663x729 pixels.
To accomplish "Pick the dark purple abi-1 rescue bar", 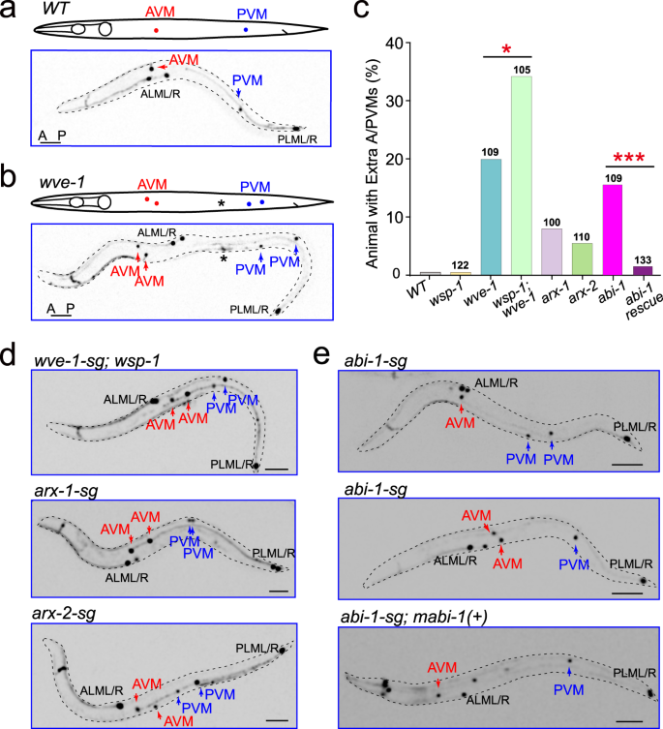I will coord(643,270).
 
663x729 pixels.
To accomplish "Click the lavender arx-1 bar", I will coord(551,252).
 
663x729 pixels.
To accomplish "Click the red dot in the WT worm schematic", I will coord(158,30).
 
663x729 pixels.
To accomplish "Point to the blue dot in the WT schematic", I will coord(246,30).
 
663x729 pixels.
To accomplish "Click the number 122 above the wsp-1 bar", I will coord(460,264).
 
